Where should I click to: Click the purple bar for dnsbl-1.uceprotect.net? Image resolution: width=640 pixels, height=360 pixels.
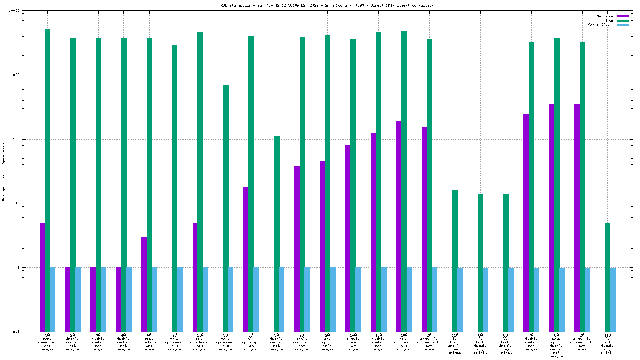[x=577, y=218]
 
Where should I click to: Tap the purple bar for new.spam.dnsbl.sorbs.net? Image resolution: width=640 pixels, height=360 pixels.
[x=551, y=217]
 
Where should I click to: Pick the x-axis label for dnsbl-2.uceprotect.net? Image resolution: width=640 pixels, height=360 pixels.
[x=429, y=342]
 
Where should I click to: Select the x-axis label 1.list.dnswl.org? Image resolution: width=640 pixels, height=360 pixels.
[x=455, y=344]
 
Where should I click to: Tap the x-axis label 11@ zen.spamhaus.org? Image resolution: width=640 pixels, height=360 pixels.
[x=200, y=342]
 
